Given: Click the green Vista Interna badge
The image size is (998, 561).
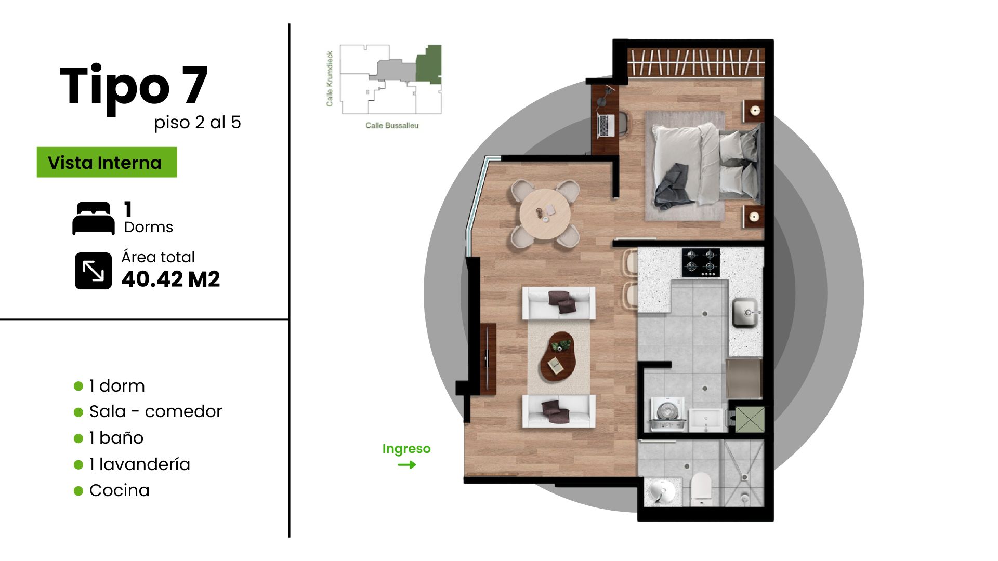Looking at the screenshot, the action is coord(107,162).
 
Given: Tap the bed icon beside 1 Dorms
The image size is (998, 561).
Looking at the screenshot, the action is coord(94,218).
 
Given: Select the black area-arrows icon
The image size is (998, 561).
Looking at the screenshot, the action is coord(93,271).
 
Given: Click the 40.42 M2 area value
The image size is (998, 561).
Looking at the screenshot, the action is coord(170,279).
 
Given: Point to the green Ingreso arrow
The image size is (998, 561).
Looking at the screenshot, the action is coord(406,464).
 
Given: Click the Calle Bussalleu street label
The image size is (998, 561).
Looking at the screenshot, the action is coord(392,125).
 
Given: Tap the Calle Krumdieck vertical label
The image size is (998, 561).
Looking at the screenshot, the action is coord(330,78).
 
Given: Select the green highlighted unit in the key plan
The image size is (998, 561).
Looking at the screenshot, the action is coord(429,63).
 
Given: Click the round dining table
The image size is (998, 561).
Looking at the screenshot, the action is coord(545,213).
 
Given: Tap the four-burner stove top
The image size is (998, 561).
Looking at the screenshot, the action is coord(701,262).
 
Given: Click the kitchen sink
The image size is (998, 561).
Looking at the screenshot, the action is coord(746,313).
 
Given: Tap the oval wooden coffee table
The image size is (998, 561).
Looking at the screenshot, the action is coord(558,357).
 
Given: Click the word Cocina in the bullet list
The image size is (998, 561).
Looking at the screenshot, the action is coord(120,490).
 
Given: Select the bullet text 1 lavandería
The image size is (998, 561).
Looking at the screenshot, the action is coord(140,464).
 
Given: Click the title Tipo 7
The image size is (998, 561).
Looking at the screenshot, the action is coord(134,86).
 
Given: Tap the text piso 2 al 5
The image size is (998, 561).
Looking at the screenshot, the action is coord(198,123).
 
